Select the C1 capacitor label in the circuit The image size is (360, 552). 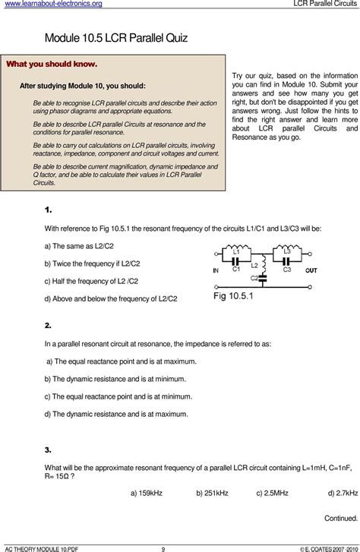coord(236,268)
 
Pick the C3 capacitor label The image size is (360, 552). coord(286,268)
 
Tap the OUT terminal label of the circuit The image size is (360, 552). coord(311,270)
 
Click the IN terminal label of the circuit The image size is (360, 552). coord(216,270)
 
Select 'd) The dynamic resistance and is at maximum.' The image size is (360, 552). coord(115,414)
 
